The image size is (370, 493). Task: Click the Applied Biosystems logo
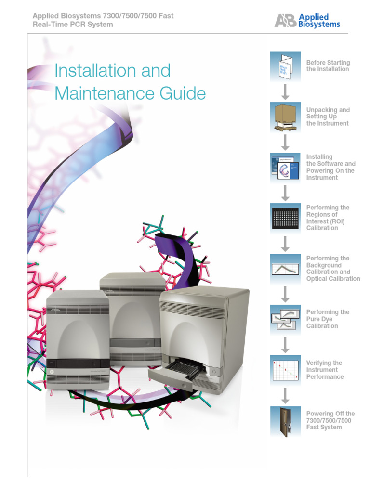coord(307,21)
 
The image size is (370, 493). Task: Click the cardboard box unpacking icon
coord(285,117)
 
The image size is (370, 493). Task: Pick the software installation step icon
coord(285,168)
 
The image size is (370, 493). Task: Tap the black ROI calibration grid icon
coord(285,218)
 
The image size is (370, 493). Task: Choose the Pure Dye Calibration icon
coord(285,319)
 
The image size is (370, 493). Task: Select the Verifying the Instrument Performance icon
coord(285,370)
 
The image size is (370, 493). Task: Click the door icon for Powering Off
coord(285,421)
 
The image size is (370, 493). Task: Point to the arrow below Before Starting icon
coord(285,92)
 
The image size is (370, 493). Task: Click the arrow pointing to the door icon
coord(285,395)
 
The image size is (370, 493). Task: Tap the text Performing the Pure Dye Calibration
coord(328,319)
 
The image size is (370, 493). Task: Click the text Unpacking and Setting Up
coord(328,113)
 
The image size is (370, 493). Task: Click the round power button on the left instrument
coord(52,372)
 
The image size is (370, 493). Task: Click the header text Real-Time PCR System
coord(72,25)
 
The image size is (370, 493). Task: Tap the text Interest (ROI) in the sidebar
coord(325,221)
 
